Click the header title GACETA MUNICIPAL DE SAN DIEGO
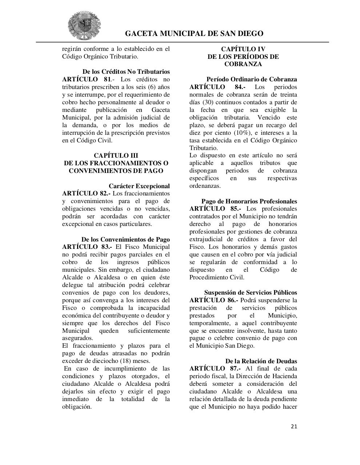coord(194,34)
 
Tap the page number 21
coord(294,426)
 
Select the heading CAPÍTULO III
coord(116,155)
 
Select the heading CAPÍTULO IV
coord(243,49)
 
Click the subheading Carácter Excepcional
coord(139,186)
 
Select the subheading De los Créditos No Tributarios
coord(126,72)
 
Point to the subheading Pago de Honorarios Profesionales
coord(249,201)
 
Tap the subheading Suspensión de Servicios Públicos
coord(250,292)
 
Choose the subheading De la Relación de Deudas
coord(261,361)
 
